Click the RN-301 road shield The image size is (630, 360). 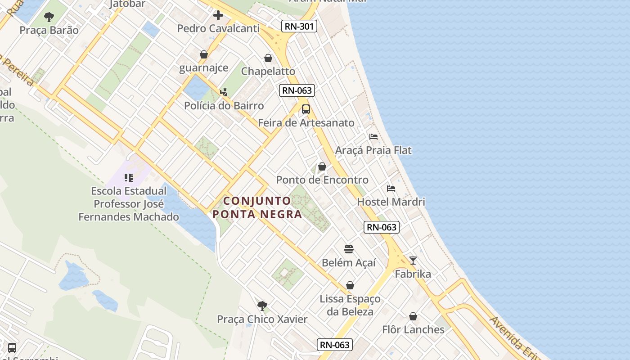coord(299,26)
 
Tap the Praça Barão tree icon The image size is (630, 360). coord(49,17)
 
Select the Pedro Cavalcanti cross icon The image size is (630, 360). coord(218,15)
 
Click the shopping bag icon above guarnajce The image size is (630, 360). coord(204,54)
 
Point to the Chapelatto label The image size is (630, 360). coord(268,71)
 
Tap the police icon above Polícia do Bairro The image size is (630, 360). coord(224,92)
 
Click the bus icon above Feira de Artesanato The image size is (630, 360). coord(306,109)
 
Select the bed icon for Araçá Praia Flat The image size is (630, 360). coord(373,137)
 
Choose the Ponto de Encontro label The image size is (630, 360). coord(322,180)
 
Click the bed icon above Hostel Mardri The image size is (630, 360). coord(391,188)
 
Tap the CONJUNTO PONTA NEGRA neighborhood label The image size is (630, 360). coord(257,207)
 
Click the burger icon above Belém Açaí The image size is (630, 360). coord(349,249)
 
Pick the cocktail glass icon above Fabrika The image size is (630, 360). coord(413,261)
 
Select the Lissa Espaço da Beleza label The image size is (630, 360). coord(350,305)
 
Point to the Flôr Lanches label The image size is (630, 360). coord(413,329)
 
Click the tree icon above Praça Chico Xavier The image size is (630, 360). coord(262,306)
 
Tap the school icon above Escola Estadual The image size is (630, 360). coord(129,177)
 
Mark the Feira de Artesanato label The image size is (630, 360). coord(306,122)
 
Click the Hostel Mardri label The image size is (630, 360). coord(391,202)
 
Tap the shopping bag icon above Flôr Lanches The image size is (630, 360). coord(413,316)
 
